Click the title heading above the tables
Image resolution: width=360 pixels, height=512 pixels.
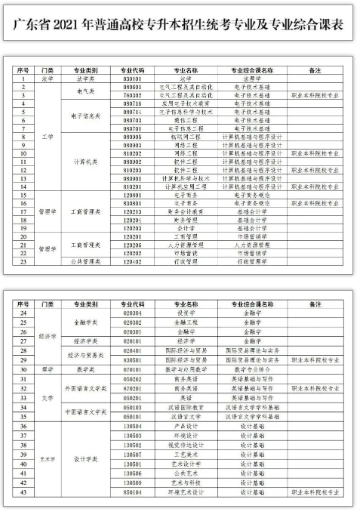179,24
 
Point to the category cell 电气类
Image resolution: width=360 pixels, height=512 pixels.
85,91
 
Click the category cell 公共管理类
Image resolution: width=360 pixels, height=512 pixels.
85,262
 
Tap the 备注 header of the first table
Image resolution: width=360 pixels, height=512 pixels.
316,69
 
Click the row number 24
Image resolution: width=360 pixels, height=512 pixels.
23,312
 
